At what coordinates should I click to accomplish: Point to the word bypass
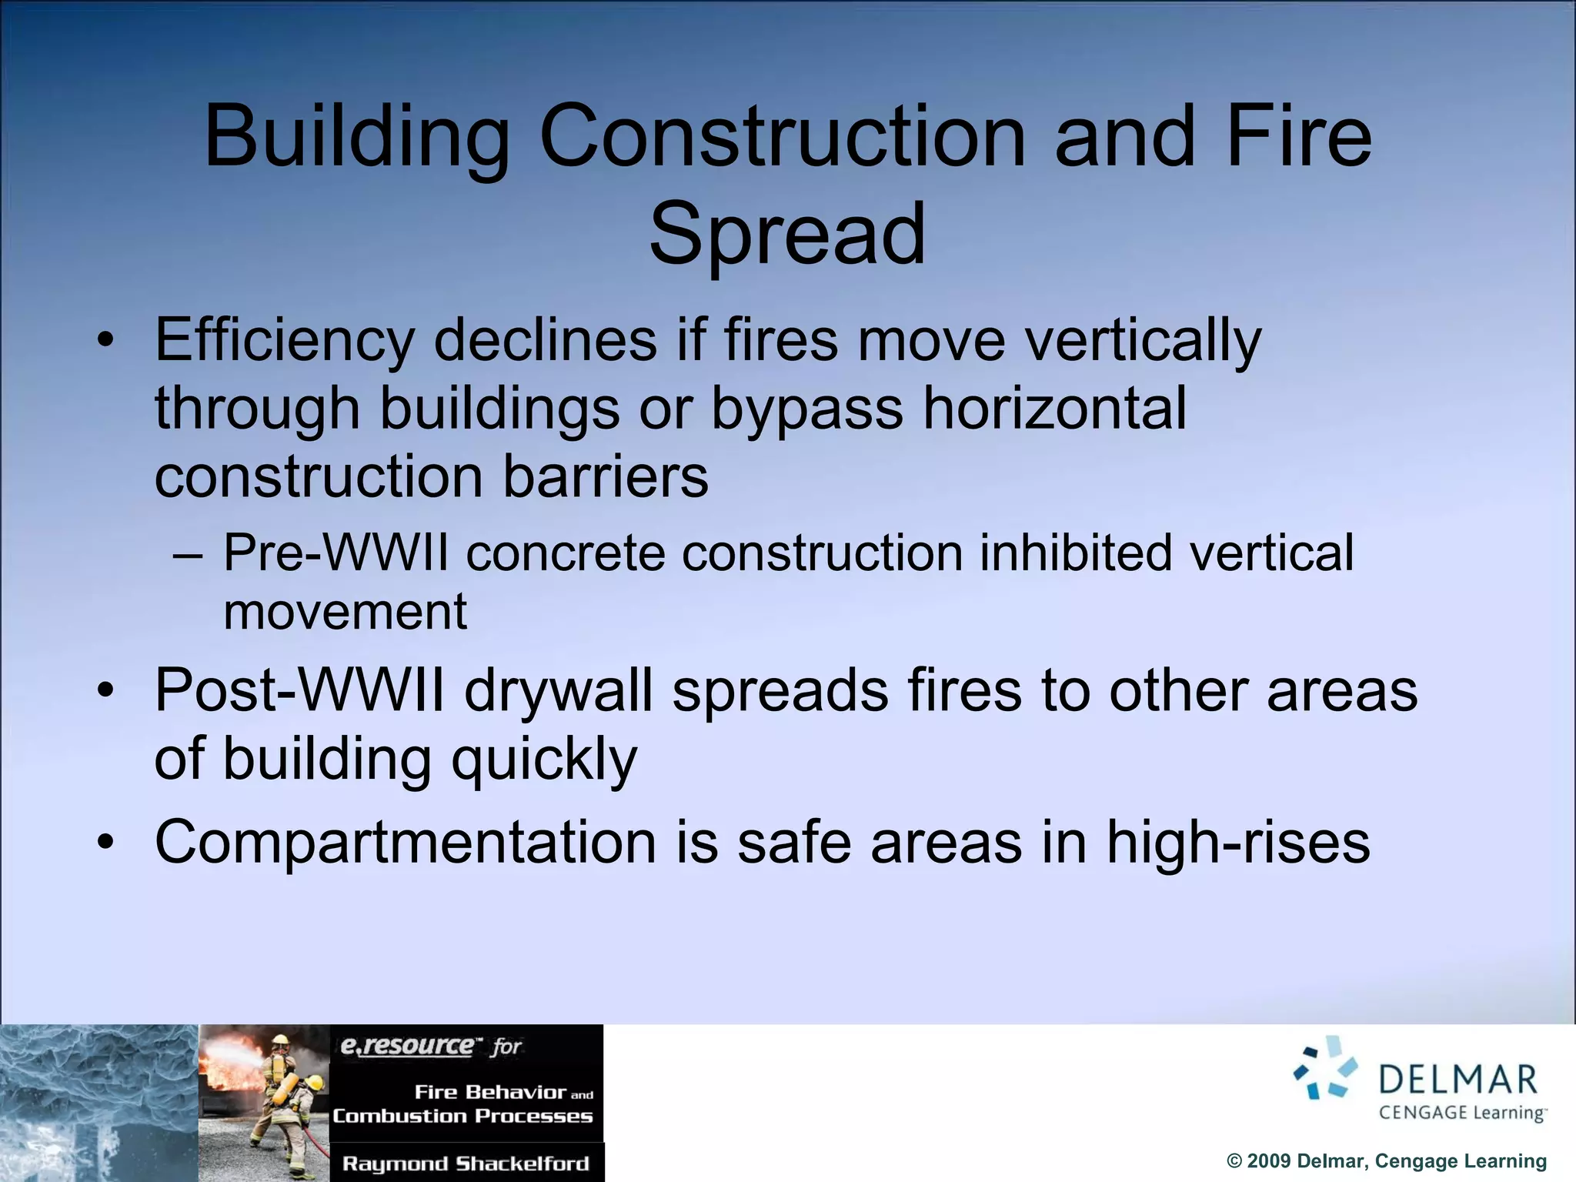tap(806, 409)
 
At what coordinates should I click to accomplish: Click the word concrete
tap(566, 553)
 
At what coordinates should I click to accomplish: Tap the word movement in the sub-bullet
tap(345, 612)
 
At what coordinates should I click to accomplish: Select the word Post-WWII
tap(299, 690)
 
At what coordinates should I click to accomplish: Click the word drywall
tap(558, 690)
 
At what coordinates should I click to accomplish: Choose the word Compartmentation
tap(406, 842)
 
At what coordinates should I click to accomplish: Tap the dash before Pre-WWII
tap(188, 554)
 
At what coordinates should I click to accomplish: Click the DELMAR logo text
tap(1457, 1080)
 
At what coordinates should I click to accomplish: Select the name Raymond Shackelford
tap(466, 1164)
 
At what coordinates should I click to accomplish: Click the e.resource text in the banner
tap(408, 1046)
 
